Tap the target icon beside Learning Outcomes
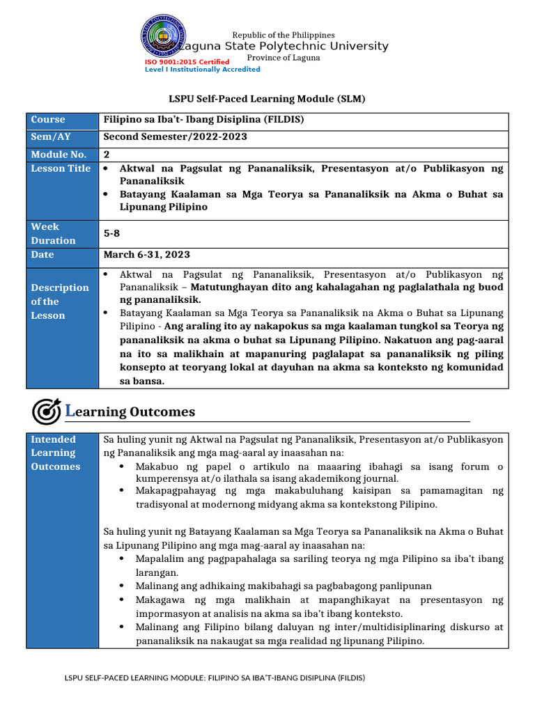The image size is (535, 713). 46,412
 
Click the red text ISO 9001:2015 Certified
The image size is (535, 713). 187,62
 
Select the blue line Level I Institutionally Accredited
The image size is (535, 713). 202,70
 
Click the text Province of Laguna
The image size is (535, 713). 284,58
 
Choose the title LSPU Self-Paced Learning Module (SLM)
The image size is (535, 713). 267,100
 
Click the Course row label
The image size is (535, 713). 48,120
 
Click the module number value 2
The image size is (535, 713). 107,155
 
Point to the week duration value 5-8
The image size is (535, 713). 112,234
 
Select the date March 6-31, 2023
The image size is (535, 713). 146,255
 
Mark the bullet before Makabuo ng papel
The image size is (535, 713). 123,467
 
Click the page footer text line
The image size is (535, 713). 215,677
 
